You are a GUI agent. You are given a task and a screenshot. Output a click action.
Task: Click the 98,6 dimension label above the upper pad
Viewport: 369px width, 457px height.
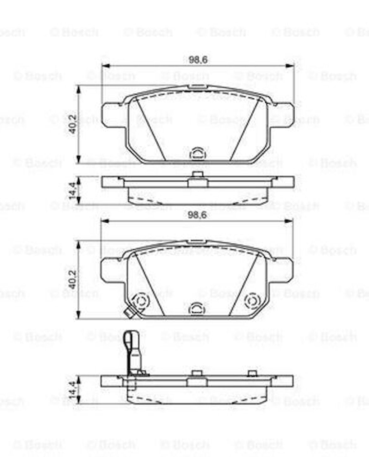coord(198,60)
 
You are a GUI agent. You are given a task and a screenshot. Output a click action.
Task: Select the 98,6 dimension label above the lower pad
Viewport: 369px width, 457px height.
coord(197,215)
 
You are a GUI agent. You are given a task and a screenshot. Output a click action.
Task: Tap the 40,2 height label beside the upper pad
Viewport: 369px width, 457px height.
coord(73,124)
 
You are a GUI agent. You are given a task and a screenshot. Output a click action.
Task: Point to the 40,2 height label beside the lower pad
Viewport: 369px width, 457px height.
coord(73,279)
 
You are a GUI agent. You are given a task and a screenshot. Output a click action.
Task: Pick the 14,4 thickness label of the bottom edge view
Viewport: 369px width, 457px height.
coord(72,390)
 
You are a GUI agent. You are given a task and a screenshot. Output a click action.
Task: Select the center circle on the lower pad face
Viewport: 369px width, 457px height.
coord(197,309)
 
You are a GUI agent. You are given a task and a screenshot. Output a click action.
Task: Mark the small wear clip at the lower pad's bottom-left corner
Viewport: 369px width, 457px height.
coord(129,312)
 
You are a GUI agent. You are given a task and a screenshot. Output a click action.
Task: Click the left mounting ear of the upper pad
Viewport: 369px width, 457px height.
coord(112,114)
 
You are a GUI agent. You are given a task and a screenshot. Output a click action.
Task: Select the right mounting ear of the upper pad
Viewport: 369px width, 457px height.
coord(283,114)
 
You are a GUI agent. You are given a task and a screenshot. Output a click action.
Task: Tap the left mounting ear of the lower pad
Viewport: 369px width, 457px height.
coord(111,269)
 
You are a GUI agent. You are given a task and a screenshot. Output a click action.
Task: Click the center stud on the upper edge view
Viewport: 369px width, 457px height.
coord(197,175)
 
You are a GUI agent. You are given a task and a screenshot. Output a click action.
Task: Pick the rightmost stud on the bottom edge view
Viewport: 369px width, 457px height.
coord(252,373)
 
